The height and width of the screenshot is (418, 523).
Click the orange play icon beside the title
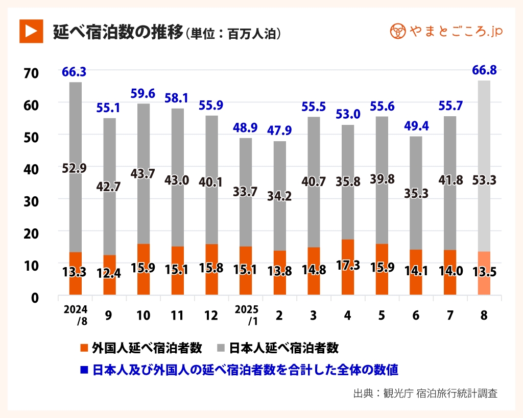point(30,31)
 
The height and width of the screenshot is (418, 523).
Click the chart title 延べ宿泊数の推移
point(117,32)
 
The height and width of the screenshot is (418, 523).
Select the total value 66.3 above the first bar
point(74,72)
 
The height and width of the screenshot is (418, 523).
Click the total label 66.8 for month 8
point(484,70)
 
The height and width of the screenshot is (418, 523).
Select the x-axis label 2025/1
point(246,315)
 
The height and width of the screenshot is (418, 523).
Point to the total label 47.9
point(279,130)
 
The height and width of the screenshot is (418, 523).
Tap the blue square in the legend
point(84,369)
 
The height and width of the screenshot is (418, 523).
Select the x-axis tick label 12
point(211,315)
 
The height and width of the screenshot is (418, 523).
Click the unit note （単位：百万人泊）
point(233,34)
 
